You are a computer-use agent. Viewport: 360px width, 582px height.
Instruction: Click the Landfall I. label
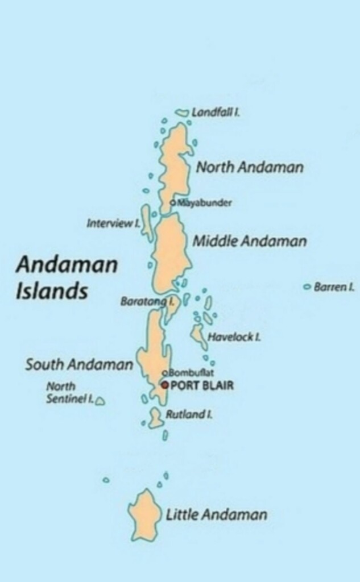point(215,113)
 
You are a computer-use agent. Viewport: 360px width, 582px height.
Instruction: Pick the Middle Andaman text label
point(250,241)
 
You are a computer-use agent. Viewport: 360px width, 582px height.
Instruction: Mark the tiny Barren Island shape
point(308,287)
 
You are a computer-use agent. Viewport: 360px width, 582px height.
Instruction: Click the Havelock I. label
point(234,337)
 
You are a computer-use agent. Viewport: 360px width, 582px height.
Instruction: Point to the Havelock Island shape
point(199,335)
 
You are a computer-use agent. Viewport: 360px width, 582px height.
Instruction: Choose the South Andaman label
point(78,364)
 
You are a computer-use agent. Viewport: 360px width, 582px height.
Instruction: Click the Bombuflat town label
point(190,373)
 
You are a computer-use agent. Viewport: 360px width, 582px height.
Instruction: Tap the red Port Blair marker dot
point(164,385)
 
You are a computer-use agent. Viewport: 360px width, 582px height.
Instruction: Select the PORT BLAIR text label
point(202,386)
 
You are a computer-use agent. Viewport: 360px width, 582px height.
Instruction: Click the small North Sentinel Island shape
point(100,401)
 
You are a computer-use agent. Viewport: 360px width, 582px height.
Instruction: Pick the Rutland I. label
point(189,415)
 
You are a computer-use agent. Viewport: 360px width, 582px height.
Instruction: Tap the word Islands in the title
point(51,290)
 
